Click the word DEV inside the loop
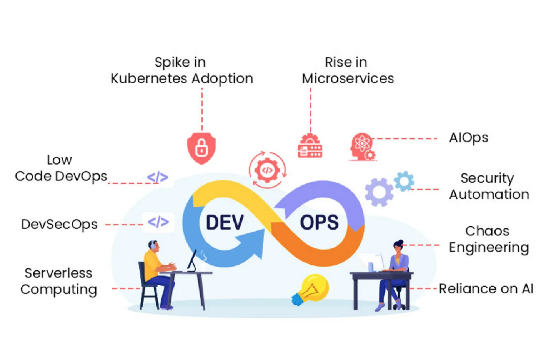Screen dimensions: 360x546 coord(225,222)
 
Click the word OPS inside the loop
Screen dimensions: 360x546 coord(319,222)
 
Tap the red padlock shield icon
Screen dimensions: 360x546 coord(201,148)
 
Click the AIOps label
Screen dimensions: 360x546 coord(468,138)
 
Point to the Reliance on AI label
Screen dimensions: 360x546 coord(486,288)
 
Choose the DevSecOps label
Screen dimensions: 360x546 coord(59,224)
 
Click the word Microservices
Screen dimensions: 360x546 coord(348,78)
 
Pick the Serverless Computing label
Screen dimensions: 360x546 coord(58,281)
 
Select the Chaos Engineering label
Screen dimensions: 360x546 coord(488,239)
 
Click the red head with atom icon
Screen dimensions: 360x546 coord(362,147)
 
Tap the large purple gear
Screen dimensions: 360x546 coord(379,192)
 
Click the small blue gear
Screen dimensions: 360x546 coord(404,181)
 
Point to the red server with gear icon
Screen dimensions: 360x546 coord(310,146)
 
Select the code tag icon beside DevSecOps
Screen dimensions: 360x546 coord(158,222)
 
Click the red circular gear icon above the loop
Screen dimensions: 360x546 coord(267,170)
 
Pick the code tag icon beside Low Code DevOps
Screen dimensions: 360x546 coord(158,177)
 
